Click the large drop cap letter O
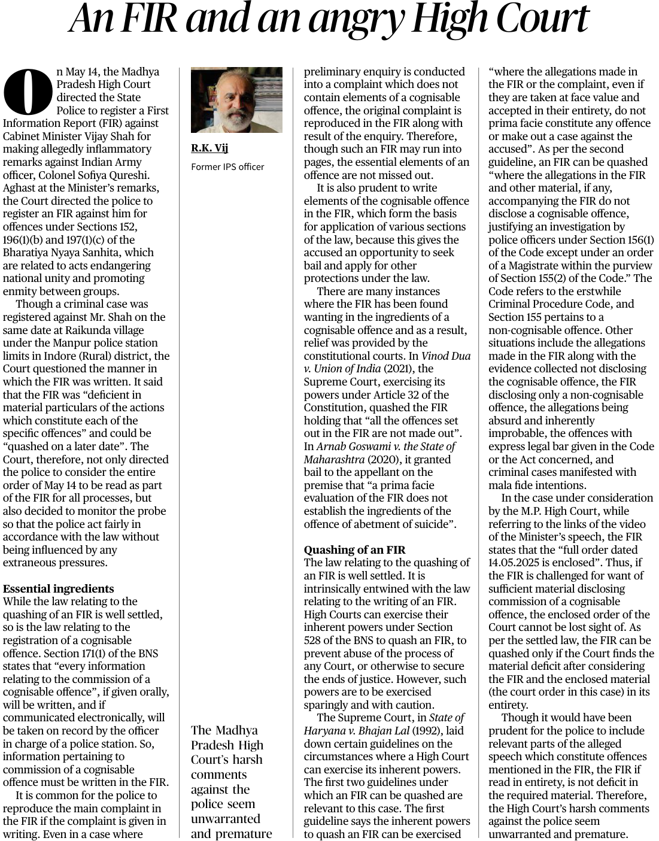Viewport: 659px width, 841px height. click(28, 90)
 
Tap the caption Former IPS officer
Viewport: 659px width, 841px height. click(227, 166)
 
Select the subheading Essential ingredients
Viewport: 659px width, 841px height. click(58, 588)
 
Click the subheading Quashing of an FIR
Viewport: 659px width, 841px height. click(354, 549)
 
